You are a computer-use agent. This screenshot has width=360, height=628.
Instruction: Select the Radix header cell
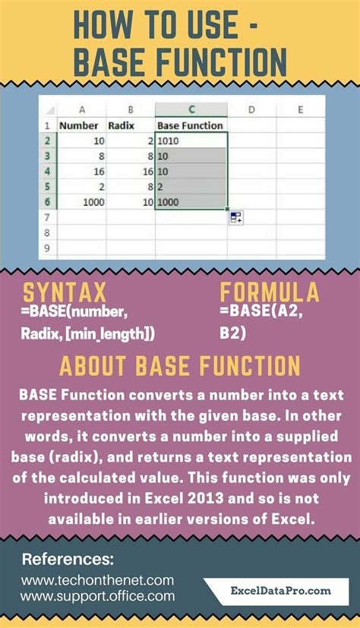(x=122, y=125)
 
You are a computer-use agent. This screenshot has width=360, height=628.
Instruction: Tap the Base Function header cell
(x=190, y=125)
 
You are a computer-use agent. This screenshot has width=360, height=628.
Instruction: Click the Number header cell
(x=79, y=125)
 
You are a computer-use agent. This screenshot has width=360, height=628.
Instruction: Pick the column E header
(x=300, y=109)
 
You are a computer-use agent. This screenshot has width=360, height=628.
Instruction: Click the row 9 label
(x=46, y=248)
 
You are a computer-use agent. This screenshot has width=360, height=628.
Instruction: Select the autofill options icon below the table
(x=235, y=218)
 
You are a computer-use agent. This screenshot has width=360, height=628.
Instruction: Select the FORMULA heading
(x=270, y=294)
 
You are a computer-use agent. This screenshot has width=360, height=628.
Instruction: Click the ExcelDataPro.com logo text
(x=280, y=589)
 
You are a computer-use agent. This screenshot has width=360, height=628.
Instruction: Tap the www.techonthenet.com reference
(x=99, y=579)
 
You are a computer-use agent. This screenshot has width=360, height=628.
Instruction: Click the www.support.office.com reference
(x=98, y=597)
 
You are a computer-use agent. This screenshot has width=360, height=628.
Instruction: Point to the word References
(x=68, y=560)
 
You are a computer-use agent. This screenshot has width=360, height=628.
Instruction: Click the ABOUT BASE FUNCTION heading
(x=179, y=366)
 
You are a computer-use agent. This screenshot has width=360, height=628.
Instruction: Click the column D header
(x=250, y=109)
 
